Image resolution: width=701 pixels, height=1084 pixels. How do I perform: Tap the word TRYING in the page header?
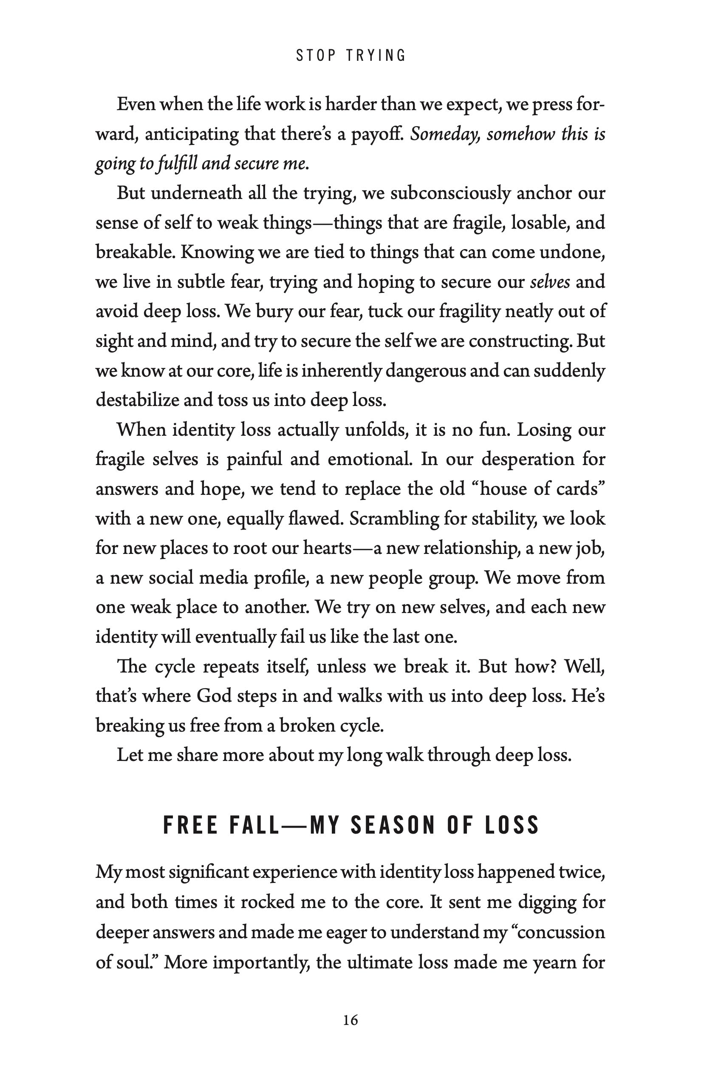[376, 56]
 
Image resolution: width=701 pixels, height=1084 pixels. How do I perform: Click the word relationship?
[472, 548]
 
